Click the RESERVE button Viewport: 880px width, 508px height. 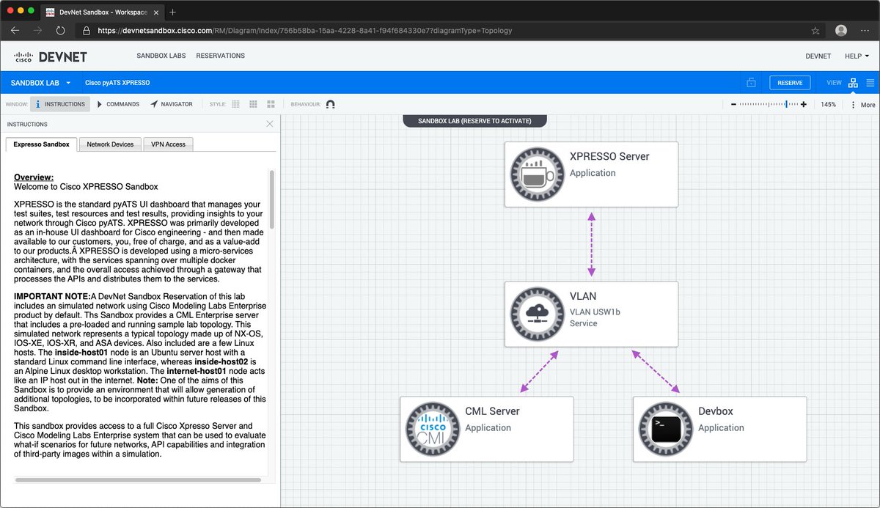click(x=790, y=83)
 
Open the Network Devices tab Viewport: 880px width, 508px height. click(x=110, y=144)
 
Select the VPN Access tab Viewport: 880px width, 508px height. click(x=168, y=144)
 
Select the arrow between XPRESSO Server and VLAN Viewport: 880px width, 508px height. click(x=591, y=248)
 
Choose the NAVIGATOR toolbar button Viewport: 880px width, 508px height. click(x=172, y=104)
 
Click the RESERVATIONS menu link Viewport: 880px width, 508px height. click(x=221, y=56)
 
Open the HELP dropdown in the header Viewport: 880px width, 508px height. click(x=857, y=56)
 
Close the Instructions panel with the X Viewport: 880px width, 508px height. click(x=269, y=124)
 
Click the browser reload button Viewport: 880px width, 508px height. click(x=61, y=31)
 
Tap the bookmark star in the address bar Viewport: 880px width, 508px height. click(x=815, y=31)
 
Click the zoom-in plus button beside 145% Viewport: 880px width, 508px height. click(x=804, y=105)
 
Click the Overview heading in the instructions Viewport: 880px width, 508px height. click(x=34, y=177)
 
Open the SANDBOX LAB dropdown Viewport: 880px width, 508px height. click(x=40, y=83)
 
